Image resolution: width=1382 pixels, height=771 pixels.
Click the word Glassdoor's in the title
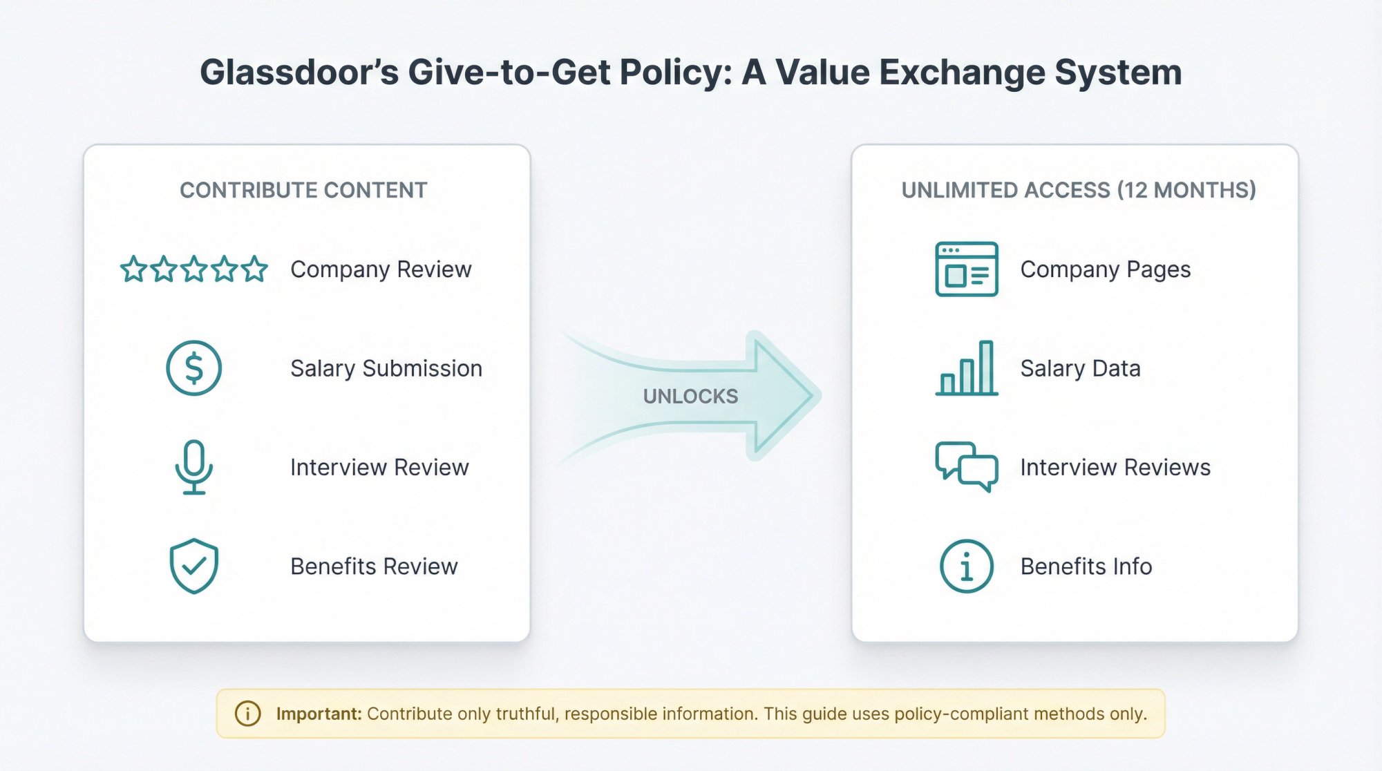[299, 73]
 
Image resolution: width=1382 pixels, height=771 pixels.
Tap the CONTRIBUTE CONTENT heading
[303, 190]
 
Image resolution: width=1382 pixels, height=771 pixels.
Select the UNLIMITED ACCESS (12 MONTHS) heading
[1078, 190]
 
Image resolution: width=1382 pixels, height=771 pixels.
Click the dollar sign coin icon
[194, 368]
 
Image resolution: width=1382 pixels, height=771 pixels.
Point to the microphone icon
[194, 467]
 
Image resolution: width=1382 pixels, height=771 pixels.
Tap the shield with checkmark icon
[194, 566]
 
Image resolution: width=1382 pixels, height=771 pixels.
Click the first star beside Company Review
[133, 269]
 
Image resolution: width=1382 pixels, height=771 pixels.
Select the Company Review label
[381, 269]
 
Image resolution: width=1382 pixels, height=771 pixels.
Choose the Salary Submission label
[386, 368]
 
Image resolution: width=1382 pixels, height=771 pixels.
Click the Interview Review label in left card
[379, 467]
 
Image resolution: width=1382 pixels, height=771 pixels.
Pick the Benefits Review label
[374, 566]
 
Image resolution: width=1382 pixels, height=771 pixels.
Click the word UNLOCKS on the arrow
[690, 396]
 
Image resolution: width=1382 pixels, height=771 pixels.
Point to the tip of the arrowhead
[815, 396]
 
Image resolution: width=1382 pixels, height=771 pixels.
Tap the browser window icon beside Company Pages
[966, 269]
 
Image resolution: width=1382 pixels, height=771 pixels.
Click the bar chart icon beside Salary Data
[966, 368]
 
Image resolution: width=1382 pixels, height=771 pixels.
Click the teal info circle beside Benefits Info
[966, 566]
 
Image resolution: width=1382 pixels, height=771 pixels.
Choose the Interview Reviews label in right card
[1115, 467]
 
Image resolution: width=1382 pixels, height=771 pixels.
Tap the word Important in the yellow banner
[319, 714]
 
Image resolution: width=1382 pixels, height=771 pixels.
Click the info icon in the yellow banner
[248, 714]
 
